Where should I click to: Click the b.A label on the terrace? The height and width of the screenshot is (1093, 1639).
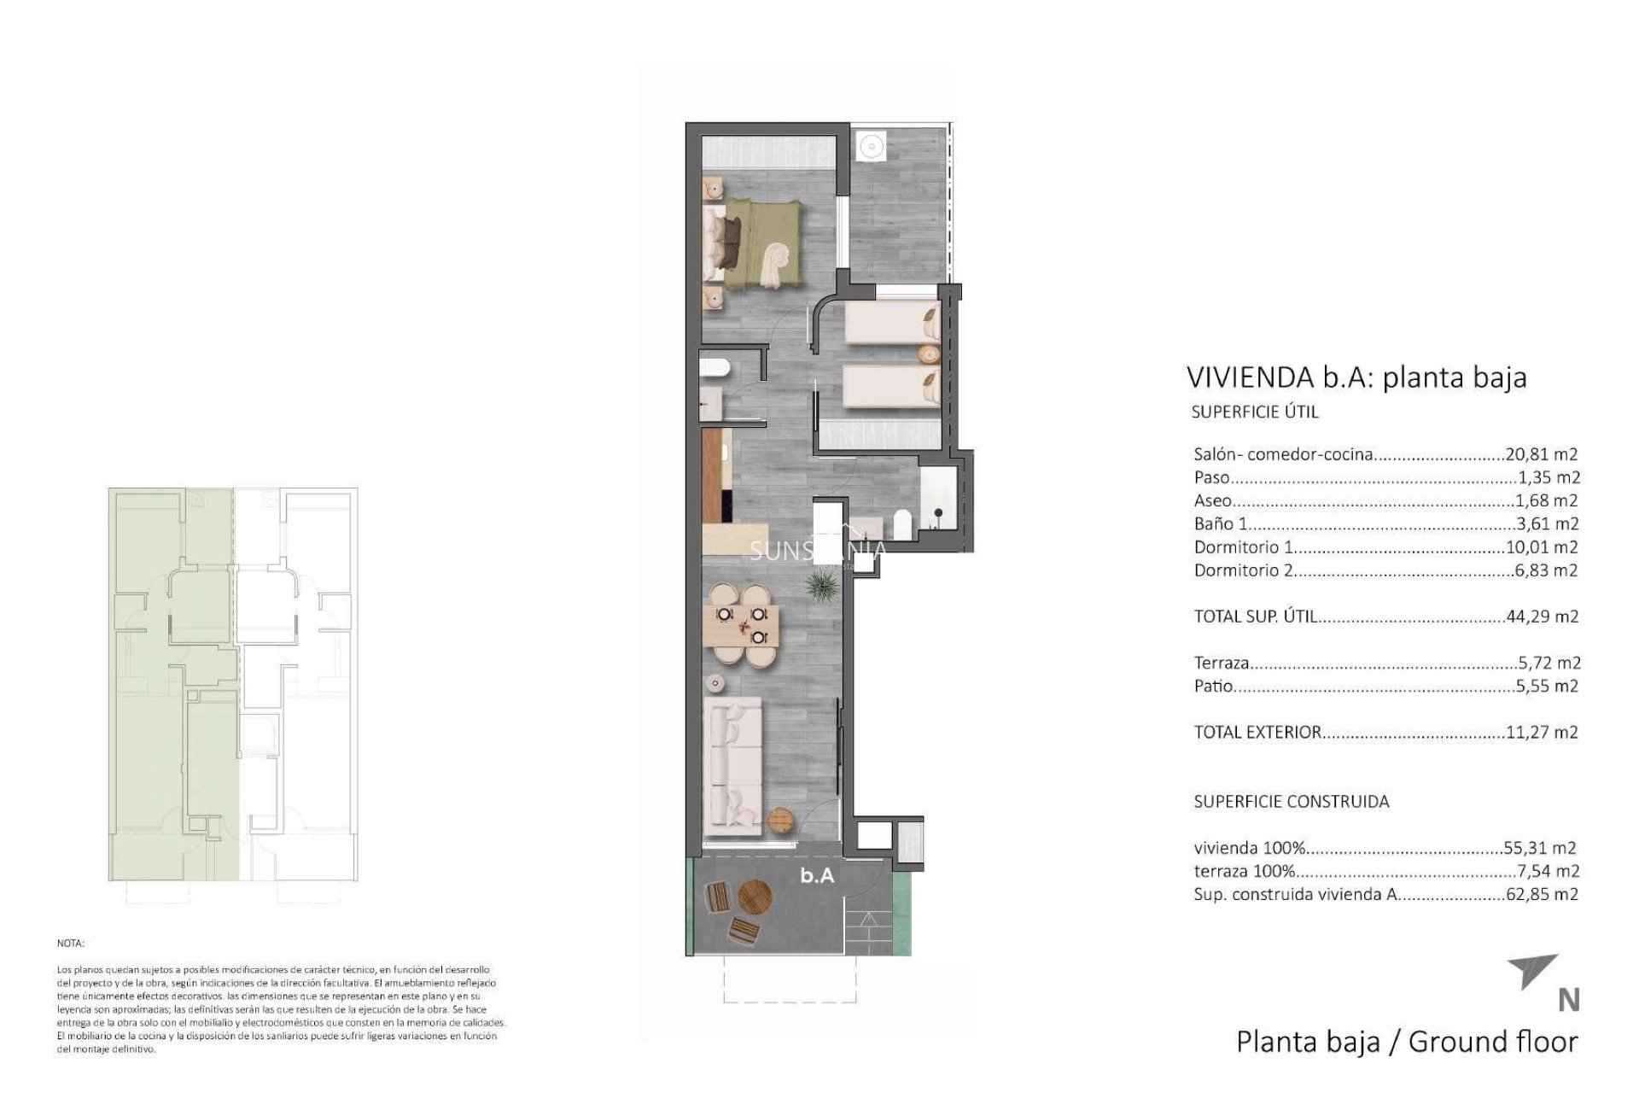[817, 875]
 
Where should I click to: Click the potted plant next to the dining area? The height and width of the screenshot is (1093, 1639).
[820, 588]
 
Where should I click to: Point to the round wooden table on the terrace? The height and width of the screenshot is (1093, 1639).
[755, 897]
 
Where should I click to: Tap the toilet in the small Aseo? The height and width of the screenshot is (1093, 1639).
[715, 368]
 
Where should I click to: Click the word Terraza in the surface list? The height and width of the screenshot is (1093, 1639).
[1222, 663]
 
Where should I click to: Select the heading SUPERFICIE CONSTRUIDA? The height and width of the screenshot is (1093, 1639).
[1291, 801]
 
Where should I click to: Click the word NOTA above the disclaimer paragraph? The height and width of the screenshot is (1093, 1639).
[71, 944]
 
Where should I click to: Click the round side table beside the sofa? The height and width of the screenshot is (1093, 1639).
[781, 821]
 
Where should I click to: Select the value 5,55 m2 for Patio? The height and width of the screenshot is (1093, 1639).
[1543, 686]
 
